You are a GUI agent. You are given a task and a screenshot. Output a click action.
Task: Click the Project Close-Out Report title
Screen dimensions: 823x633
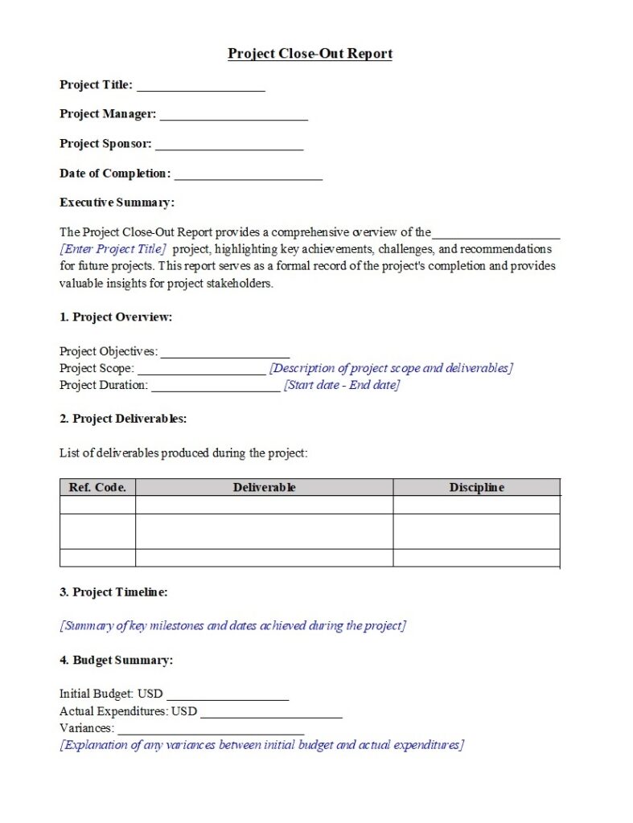coord(310,54)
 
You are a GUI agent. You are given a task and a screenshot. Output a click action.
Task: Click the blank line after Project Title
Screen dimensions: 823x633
coord(200,87)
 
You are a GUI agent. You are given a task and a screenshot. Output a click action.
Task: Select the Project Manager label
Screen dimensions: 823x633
coord(108,114)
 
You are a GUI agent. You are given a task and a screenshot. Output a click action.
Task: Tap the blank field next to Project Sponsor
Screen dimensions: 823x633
coord(229,146)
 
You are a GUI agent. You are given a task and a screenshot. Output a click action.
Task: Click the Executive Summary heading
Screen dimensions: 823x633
coord(117,203)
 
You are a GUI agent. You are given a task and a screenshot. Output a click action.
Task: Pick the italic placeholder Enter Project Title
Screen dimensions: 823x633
coord(113,249)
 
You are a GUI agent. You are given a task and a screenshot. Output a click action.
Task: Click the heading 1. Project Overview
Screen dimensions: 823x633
coord(116,317)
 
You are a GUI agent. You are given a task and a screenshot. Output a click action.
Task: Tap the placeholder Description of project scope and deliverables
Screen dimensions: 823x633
coord(391,368)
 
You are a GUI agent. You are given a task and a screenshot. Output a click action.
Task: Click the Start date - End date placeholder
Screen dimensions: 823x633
coord(341,385)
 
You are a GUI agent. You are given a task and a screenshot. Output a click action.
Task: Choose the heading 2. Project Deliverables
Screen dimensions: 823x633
coord(123,419)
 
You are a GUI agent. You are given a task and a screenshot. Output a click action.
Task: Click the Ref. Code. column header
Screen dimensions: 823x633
coord(97,488)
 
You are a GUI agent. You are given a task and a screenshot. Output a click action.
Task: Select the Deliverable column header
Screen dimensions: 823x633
coord(264,488)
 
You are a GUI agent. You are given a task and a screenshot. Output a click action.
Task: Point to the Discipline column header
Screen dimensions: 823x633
coord(476,488)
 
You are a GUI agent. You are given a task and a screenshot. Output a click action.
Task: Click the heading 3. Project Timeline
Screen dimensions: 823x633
coord(113,592)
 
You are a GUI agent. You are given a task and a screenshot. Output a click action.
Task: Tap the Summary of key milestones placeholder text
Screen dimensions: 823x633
coord(232,626)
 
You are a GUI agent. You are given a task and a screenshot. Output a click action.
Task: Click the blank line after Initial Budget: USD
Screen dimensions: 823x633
coord(228,695)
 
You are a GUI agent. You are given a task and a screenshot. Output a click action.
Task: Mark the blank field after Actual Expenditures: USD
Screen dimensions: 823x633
coord(271,713)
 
